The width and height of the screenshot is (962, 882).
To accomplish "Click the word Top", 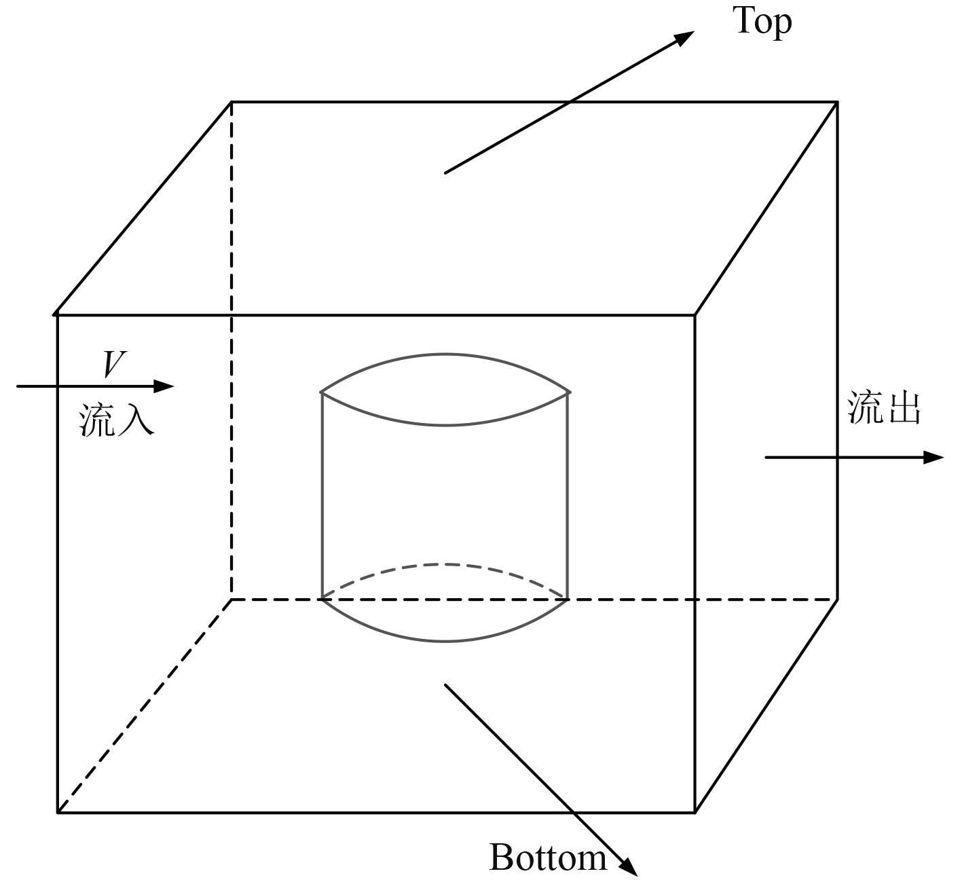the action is tap(762, 22).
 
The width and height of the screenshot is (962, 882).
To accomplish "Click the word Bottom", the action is tap(547, 857).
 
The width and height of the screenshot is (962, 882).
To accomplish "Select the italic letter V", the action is tap(113, 364).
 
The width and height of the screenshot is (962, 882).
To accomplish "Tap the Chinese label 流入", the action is tap(117, 419).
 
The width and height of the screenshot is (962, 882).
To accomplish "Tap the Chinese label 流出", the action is tap(884, 409).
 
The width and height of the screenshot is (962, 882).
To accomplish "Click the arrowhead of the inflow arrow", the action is tap(165, 386).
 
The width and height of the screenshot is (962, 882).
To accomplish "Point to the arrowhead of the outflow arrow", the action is tap(934, 458).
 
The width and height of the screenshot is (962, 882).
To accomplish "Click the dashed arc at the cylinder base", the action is tap(445, 564).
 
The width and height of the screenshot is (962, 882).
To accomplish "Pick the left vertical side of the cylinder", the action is tap(322, 496).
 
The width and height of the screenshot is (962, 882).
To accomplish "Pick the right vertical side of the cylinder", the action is tap(567, 496).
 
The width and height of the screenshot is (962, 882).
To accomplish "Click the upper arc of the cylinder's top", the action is tap(445, 354).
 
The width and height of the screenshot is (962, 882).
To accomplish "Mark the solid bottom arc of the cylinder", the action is tap(445, 640).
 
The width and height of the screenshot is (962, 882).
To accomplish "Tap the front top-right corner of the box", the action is tap(695, 315).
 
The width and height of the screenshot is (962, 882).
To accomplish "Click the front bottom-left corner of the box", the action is tap(57, 812).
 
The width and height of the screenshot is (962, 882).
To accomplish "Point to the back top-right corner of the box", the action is tap(836, 102).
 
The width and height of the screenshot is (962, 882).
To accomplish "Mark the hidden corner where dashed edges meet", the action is tap(232, 600).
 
